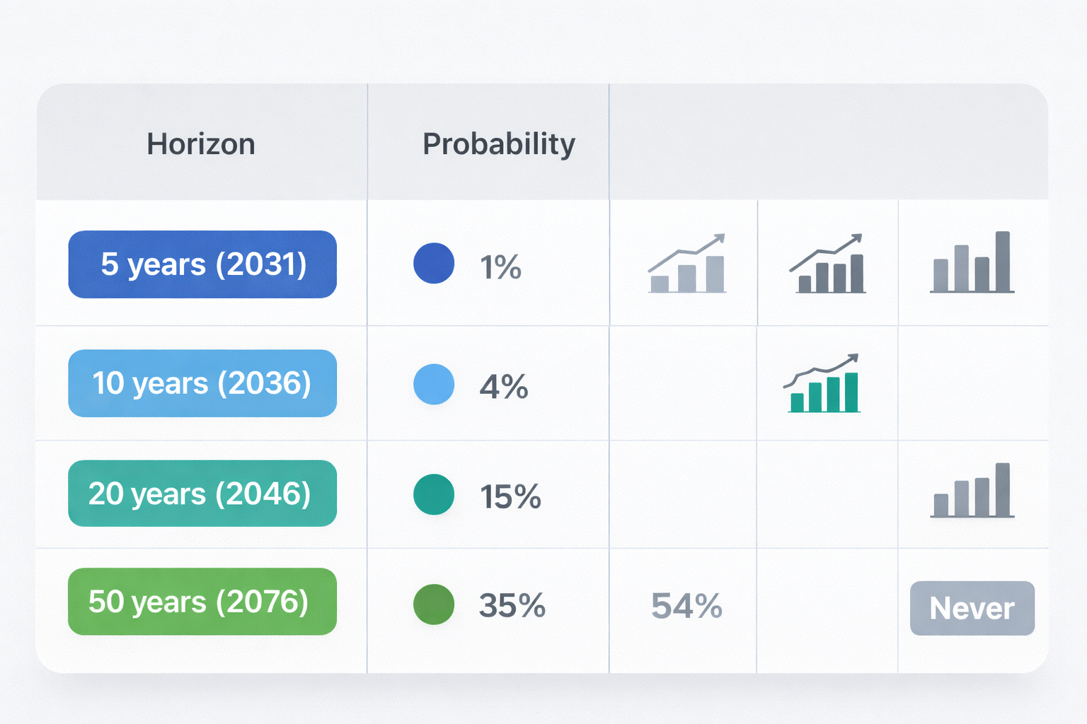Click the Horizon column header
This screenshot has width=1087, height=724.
point(201,144)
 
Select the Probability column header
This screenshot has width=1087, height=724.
point(498,144)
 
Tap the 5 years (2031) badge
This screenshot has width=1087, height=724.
point(202,264)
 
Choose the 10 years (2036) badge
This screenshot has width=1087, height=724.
point(202,383)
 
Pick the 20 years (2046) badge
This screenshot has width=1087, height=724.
point(202,494)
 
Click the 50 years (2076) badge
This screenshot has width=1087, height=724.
point(202,602)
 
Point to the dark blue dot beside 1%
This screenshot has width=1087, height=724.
point(434,263)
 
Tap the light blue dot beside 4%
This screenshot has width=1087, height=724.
point(434,384)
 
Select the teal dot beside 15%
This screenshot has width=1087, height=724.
point(434,494)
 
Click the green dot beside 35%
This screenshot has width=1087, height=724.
point(434,605)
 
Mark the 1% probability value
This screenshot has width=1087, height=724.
point(500,267)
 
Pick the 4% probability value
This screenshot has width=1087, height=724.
point(504,387)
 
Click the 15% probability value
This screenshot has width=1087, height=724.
point(510,497)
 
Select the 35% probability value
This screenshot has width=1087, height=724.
point(512,606)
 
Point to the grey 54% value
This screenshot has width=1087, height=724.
point(686,606)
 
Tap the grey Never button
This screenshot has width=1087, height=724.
point(972,608)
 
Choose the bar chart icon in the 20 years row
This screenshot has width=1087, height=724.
point(972,491)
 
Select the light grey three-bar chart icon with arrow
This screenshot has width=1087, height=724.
point(687,264)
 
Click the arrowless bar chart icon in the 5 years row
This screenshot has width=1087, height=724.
point(972,262)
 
